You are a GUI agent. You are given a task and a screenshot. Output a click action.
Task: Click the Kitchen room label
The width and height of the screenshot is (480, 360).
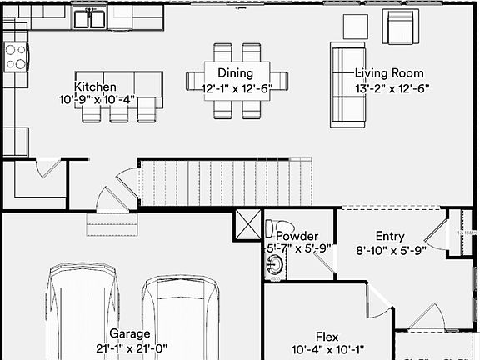[x=95, y=87]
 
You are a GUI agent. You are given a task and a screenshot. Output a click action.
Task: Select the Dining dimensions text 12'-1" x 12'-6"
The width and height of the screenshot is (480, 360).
[x=236, y=88]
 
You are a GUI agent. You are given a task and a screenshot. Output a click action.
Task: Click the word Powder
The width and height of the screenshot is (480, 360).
[x=297, y=236]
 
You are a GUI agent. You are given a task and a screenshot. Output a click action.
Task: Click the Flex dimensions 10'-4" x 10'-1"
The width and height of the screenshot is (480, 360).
[x=327, y=350]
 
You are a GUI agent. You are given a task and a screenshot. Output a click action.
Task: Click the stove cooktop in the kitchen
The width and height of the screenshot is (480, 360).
[x=16, y=56]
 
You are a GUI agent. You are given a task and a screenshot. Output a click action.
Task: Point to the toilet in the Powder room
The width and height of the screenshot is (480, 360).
[x=273, y=229]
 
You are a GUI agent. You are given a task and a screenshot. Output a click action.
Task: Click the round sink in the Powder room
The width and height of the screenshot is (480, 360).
[x=274, y=266]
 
